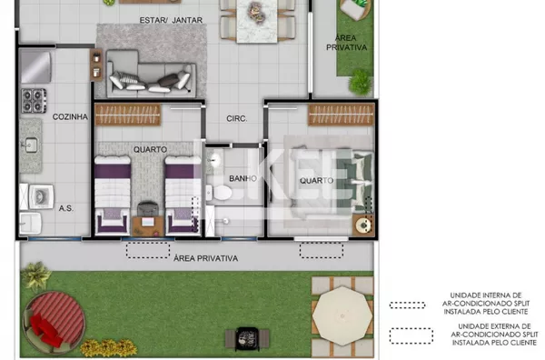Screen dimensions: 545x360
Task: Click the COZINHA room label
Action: pos(70,117)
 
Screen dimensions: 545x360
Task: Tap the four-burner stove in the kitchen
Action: pos(35,101)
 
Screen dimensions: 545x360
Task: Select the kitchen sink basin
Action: pos(31,145)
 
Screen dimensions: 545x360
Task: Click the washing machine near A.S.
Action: pos(42,197)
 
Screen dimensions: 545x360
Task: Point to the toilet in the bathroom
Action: pos(219,193)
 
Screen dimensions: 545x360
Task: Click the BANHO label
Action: pos(243,179)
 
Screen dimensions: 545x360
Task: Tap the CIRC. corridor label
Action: pos(237,118)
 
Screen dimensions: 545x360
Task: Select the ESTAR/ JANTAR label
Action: pos(171,20)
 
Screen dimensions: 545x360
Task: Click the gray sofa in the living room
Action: pos(151,74)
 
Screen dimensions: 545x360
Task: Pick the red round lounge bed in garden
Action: pos(54,322)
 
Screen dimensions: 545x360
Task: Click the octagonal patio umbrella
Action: pos(342,315)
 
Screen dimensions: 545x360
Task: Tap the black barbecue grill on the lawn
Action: pos(247,339)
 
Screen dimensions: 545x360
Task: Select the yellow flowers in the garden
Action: pos(109,347)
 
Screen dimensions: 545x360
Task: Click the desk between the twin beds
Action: pos(148,225)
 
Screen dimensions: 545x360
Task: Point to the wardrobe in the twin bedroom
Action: pos(128,115)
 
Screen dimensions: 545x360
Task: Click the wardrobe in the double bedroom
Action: pos(341,115)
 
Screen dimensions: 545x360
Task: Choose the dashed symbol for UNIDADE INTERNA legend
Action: pos(407,305)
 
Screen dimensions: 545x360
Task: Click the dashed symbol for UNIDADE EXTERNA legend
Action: pos(411,335)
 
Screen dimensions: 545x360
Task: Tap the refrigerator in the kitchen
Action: pos(35,66)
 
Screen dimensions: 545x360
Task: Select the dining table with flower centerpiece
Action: pos(257,21)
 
